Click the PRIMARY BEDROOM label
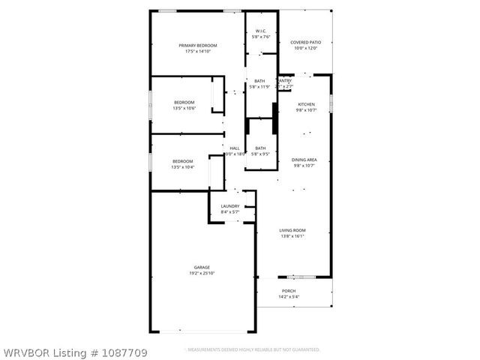pos(199,46)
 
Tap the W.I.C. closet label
pos(260,31)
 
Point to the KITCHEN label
pos(306,104)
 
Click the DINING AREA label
pos(304,160)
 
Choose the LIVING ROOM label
pos(292,230)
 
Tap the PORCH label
pos(289,291)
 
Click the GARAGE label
pos(202,267)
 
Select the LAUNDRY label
pos(229,206)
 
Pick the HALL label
pos(235,148)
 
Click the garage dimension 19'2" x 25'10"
pos(202,273)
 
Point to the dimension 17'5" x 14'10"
pos(199,52)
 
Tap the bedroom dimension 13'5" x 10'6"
pos(184,108)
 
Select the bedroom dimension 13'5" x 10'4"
pos(183,167)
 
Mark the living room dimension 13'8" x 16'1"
pos(292,236)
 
